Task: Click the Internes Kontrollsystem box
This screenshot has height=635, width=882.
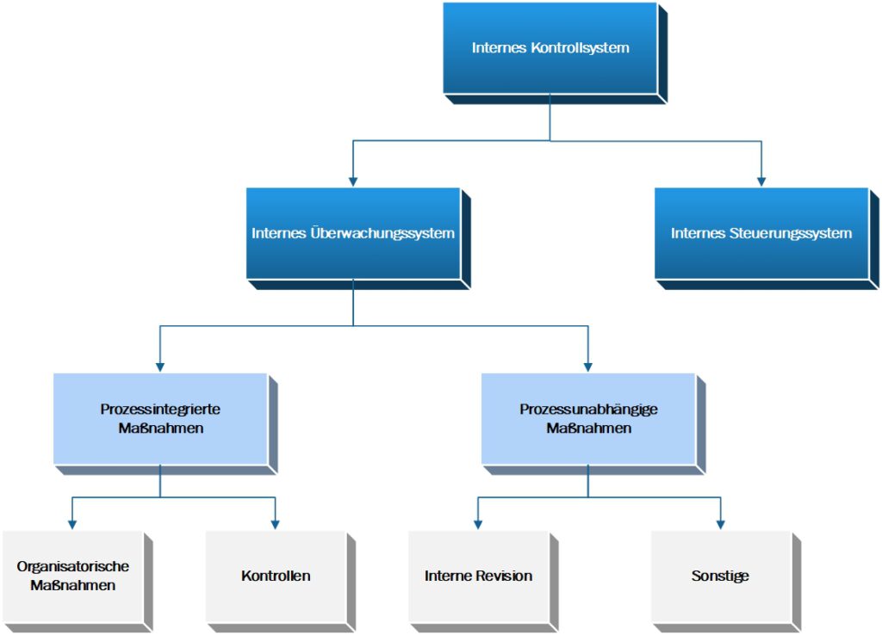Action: pos(550,48)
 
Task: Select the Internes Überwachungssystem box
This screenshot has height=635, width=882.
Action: pos(353,233)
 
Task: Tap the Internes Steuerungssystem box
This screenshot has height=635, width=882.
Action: pos(761,233)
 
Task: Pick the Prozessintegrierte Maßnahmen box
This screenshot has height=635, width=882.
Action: pos(160,418)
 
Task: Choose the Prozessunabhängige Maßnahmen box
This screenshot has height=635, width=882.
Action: pos(588,418)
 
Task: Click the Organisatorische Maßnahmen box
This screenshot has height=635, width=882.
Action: pos(73,576)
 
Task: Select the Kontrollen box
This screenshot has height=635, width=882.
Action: pos(276,576)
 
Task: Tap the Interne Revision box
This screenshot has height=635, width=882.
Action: pos(478,576)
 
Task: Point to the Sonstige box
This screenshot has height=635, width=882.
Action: pos(720,576)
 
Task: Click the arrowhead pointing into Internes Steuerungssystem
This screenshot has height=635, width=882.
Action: pos(761,181)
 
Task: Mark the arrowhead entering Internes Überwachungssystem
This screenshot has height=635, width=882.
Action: pos(353,181)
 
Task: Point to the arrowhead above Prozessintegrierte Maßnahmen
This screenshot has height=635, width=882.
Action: pos(160,366)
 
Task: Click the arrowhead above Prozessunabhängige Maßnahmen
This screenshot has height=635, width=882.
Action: pos(588,366)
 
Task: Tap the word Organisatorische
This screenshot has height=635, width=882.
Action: pos(73,566)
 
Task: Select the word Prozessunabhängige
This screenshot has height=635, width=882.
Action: pos(588,410)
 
